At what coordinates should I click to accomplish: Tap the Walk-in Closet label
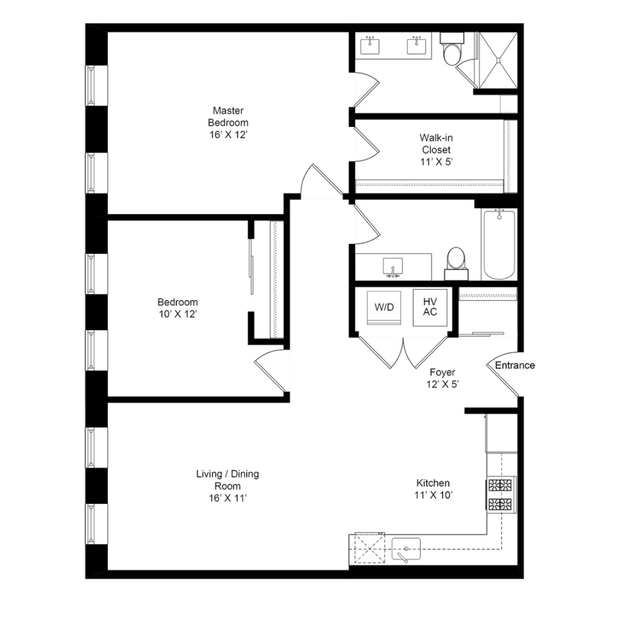tap(436, 149)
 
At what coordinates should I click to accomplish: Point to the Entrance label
tap(515, 366)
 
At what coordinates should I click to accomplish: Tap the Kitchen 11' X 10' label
tap(432, 488)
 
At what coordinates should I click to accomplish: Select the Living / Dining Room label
tap(228, 486)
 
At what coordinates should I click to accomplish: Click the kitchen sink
tap(405, 549)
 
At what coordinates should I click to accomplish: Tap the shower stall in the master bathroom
tap(497, 59)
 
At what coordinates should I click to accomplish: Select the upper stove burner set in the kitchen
tap(501, 486)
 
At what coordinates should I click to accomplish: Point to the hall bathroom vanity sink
tap(392, 266)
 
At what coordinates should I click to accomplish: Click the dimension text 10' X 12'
tap(178, 314)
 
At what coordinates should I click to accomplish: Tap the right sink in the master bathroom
tap(417, 46)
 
